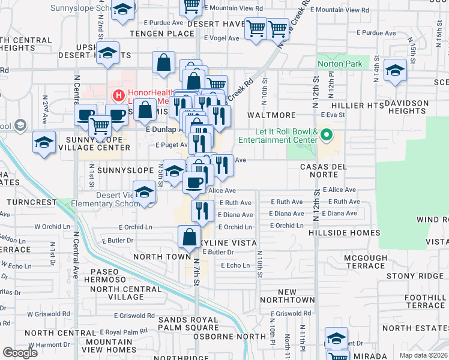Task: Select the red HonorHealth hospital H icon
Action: [119, 94]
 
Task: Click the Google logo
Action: [20, 352]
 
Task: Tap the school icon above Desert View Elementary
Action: [144, 193]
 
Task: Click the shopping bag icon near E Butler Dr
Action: [190, 237]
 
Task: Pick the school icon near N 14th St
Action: [395, 71]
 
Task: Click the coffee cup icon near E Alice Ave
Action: [194, 182]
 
